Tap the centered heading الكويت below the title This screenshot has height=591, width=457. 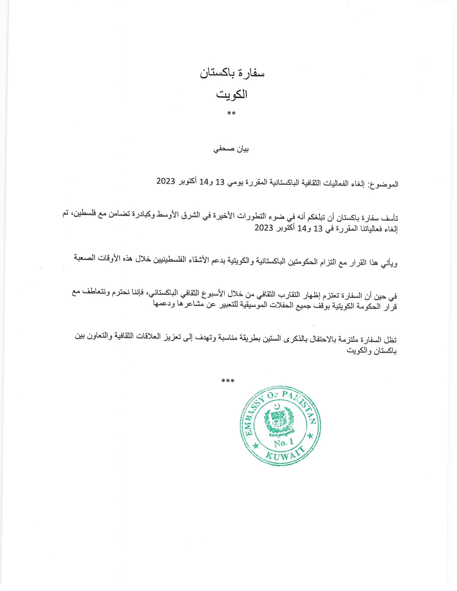click(x=232, y=95)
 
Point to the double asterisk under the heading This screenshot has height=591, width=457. click(x=231, y=114)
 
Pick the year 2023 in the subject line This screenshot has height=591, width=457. click(x=166, y=181)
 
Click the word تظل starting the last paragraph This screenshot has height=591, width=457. click(x=390, y=339)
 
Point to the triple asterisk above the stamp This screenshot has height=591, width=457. click(x=228, y=381)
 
